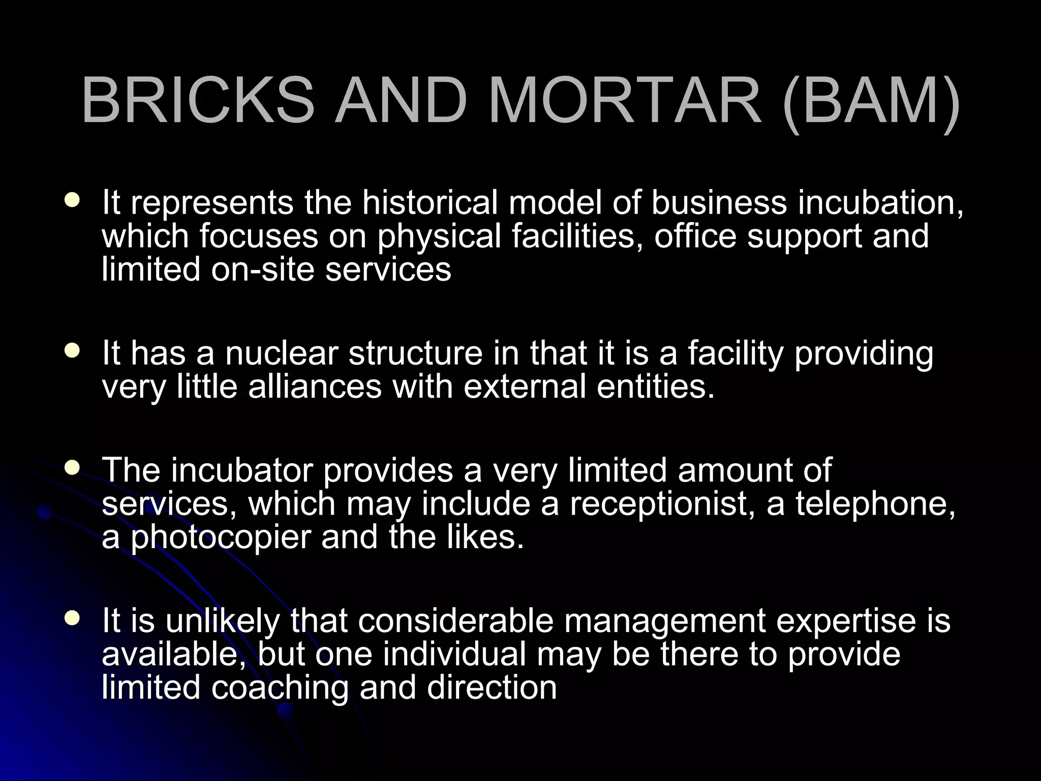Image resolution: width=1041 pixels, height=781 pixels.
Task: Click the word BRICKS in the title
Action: click(198, 100)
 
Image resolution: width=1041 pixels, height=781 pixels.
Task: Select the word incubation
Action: click(880, 202)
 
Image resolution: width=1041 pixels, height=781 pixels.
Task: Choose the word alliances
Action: click(315, 386)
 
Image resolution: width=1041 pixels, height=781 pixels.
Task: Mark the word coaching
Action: click(280, 687)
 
